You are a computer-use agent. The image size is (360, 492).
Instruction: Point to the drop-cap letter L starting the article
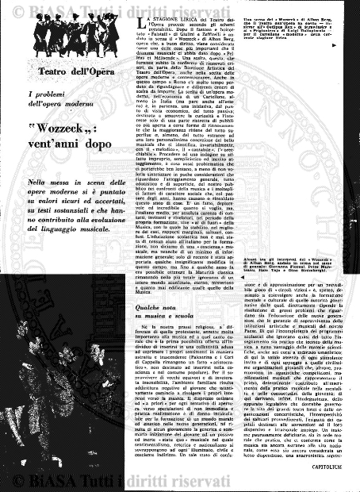coord(132,20)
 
